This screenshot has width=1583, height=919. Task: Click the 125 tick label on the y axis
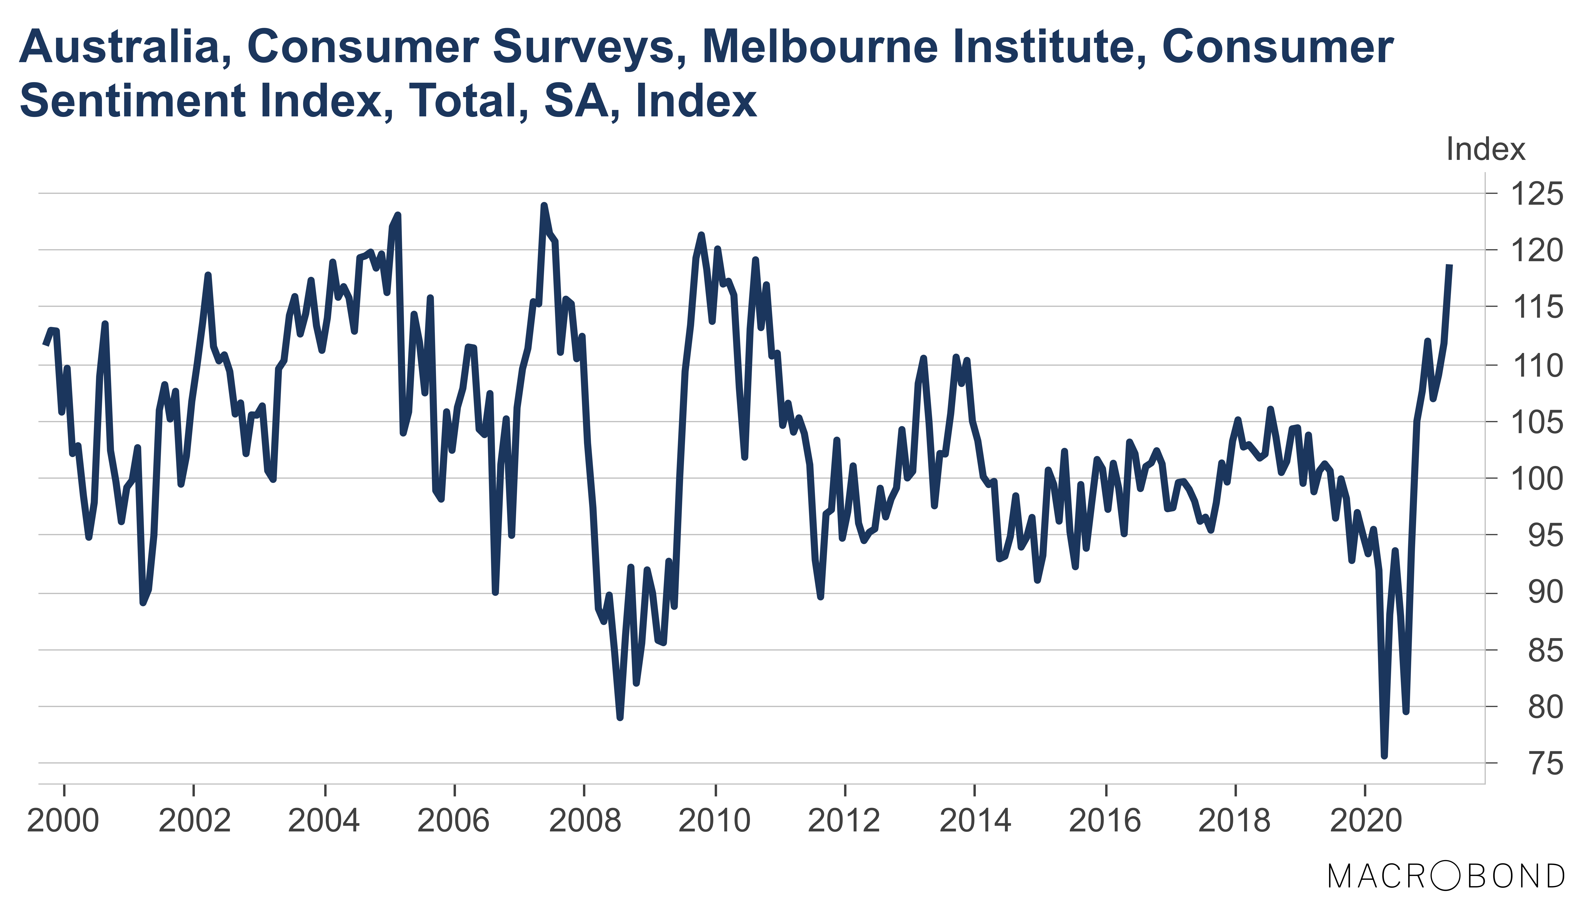(1536, 194)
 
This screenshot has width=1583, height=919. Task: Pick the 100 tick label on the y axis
(1536, 479)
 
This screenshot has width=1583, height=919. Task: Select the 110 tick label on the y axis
(1536, 365)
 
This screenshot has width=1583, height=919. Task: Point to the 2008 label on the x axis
(584, 821)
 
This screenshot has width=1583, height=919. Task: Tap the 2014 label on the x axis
(975, 821)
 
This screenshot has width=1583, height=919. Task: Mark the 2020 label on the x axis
(1366, 821)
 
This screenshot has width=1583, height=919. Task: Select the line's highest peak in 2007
(544, 205)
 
